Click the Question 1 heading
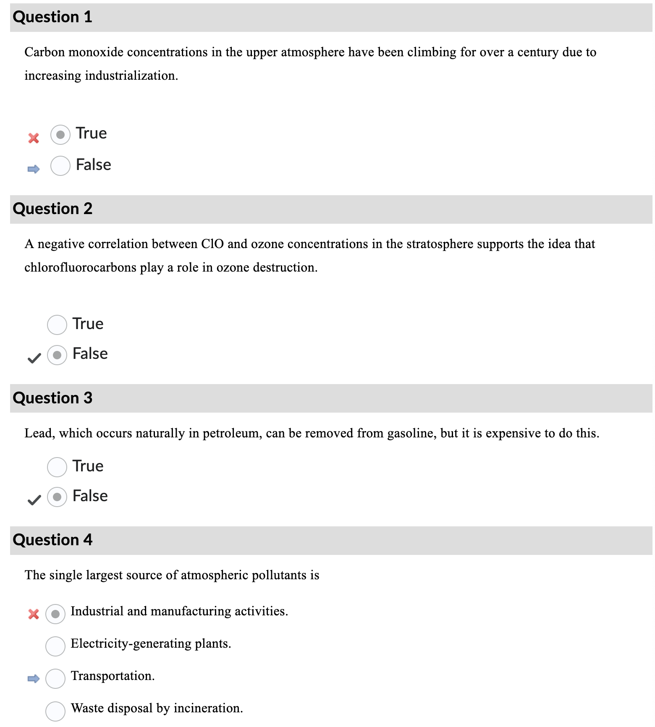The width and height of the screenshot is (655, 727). (x=52, y=17)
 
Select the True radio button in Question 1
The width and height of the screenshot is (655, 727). (x=60, y=135)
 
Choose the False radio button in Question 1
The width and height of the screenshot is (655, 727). (x=60, y=166)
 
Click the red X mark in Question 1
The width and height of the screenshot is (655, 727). (x=34, y=138)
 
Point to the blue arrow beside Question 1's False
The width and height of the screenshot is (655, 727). (x=34, y=169)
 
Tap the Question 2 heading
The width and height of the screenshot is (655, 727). (x=52, y=209)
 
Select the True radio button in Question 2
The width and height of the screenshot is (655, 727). (x=57, y=325)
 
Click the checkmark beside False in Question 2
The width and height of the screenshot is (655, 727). (x=34, y=358)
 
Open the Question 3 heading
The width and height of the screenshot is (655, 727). (x=52, y=398)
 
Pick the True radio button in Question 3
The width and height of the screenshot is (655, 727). (x=57, y=467)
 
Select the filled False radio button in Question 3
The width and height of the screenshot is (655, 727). (x=57, y=497)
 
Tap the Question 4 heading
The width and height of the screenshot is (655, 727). (x=52, y=540)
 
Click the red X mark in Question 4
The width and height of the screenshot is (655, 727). (x=34, y=614)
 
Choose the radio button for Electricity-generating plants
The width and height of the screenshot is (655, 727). (x=55, y=646)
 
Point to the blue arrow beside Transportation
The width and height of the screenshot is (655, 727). (x=34, y=678)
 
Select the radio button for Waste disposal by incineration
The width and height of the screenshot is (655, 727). (x=55, y=711)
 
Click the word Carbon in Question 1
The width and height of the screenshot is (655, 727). (x=45, y=52)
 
